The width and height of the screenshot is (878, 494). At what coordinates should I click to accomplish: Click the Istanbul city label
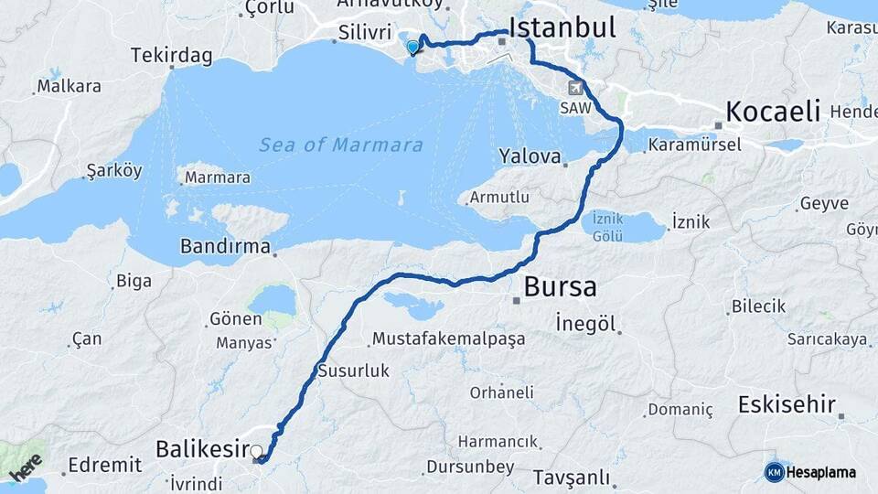click(562, 27)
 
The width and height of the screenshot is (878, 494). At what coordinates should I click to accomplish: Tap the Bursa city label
click(560, 287)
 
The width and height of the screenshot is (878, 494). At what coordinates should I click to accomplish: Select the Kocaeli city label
click(773, 113)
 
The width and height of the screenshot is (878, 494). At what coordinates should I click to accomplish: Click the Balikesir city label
click(203, 448)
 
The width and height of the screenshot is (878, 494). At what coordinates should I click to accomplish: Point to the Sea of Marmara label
click(340, 145)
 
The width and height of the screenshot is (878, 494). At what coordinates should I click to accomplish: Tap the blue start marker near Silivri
click(413, 48)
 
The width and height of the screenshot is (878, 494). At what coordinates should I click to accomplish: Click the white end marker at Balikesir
click(256, 451)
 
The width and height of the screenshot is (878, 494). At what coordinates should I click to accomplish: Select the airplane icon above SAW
click(576, 88)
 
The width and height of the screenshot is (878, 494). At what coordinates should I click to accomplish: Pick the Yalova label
click(530, 156)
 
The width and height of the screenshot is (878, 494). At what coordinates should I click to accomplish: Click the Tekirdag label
click(172, 56)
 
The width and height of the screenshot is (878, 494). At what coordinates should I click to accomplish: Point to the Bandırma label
click(225, 246)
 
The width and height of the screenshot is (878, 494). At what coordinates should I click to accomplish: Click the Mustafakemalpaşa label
click(448, 339)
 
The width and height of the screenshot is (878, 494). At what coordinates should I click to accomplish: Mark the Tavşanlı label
click(572, 478)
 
